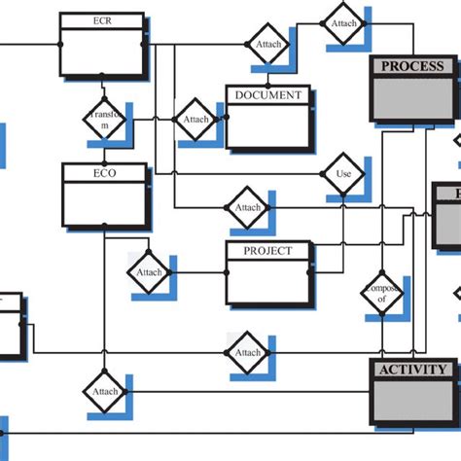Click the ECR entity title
click(101, 19)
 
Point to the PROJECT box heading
click(267, 250)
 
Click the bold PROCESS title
click(411, 66)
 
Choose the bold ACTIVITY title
click(412, 370)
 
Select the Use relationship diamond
click(342, 175)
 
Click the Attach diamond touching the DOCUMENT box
click(196, 120)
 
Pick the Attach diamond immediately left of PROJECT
click(149, 272)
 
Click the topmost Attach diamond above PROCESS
click(343, 22)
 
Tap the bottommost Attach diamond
click(104, 392)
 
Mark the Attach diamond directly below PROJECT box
click(248, 353)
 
